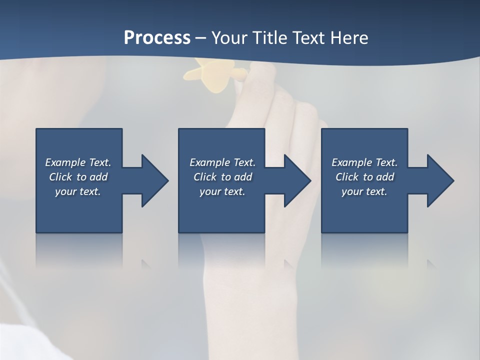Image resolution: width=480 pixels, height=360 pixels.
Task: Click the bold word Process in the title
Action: (x=157, y=38)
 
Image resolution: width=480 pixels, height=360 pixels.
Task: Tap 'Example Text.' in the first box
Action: (x=78, y=162)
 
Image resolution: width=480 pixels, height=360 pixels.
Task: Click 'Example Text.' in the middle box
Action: (x=222, y=162)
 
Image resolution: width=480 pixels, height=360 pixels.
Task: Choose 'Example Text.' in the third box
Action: (x=364, y=162)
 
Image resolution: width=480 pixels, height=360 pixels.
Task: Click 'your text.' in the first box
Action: (x=78, y=191)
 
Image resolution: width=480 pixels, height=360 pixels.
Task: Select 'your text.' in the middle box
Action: (x=222, y=191)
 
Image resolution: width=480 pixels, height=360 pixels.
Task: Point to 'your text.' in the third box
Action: (x=364, y=191)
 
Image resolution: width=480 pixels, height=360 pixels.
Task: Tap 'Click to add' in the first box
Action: (x=78, y=177)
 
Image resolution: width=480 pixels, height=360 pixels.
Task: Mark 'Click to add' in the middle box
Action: (x=222, y=177)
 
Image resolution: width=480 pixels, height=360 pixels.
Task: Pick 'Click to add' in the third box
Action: (x=364, y=177)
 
